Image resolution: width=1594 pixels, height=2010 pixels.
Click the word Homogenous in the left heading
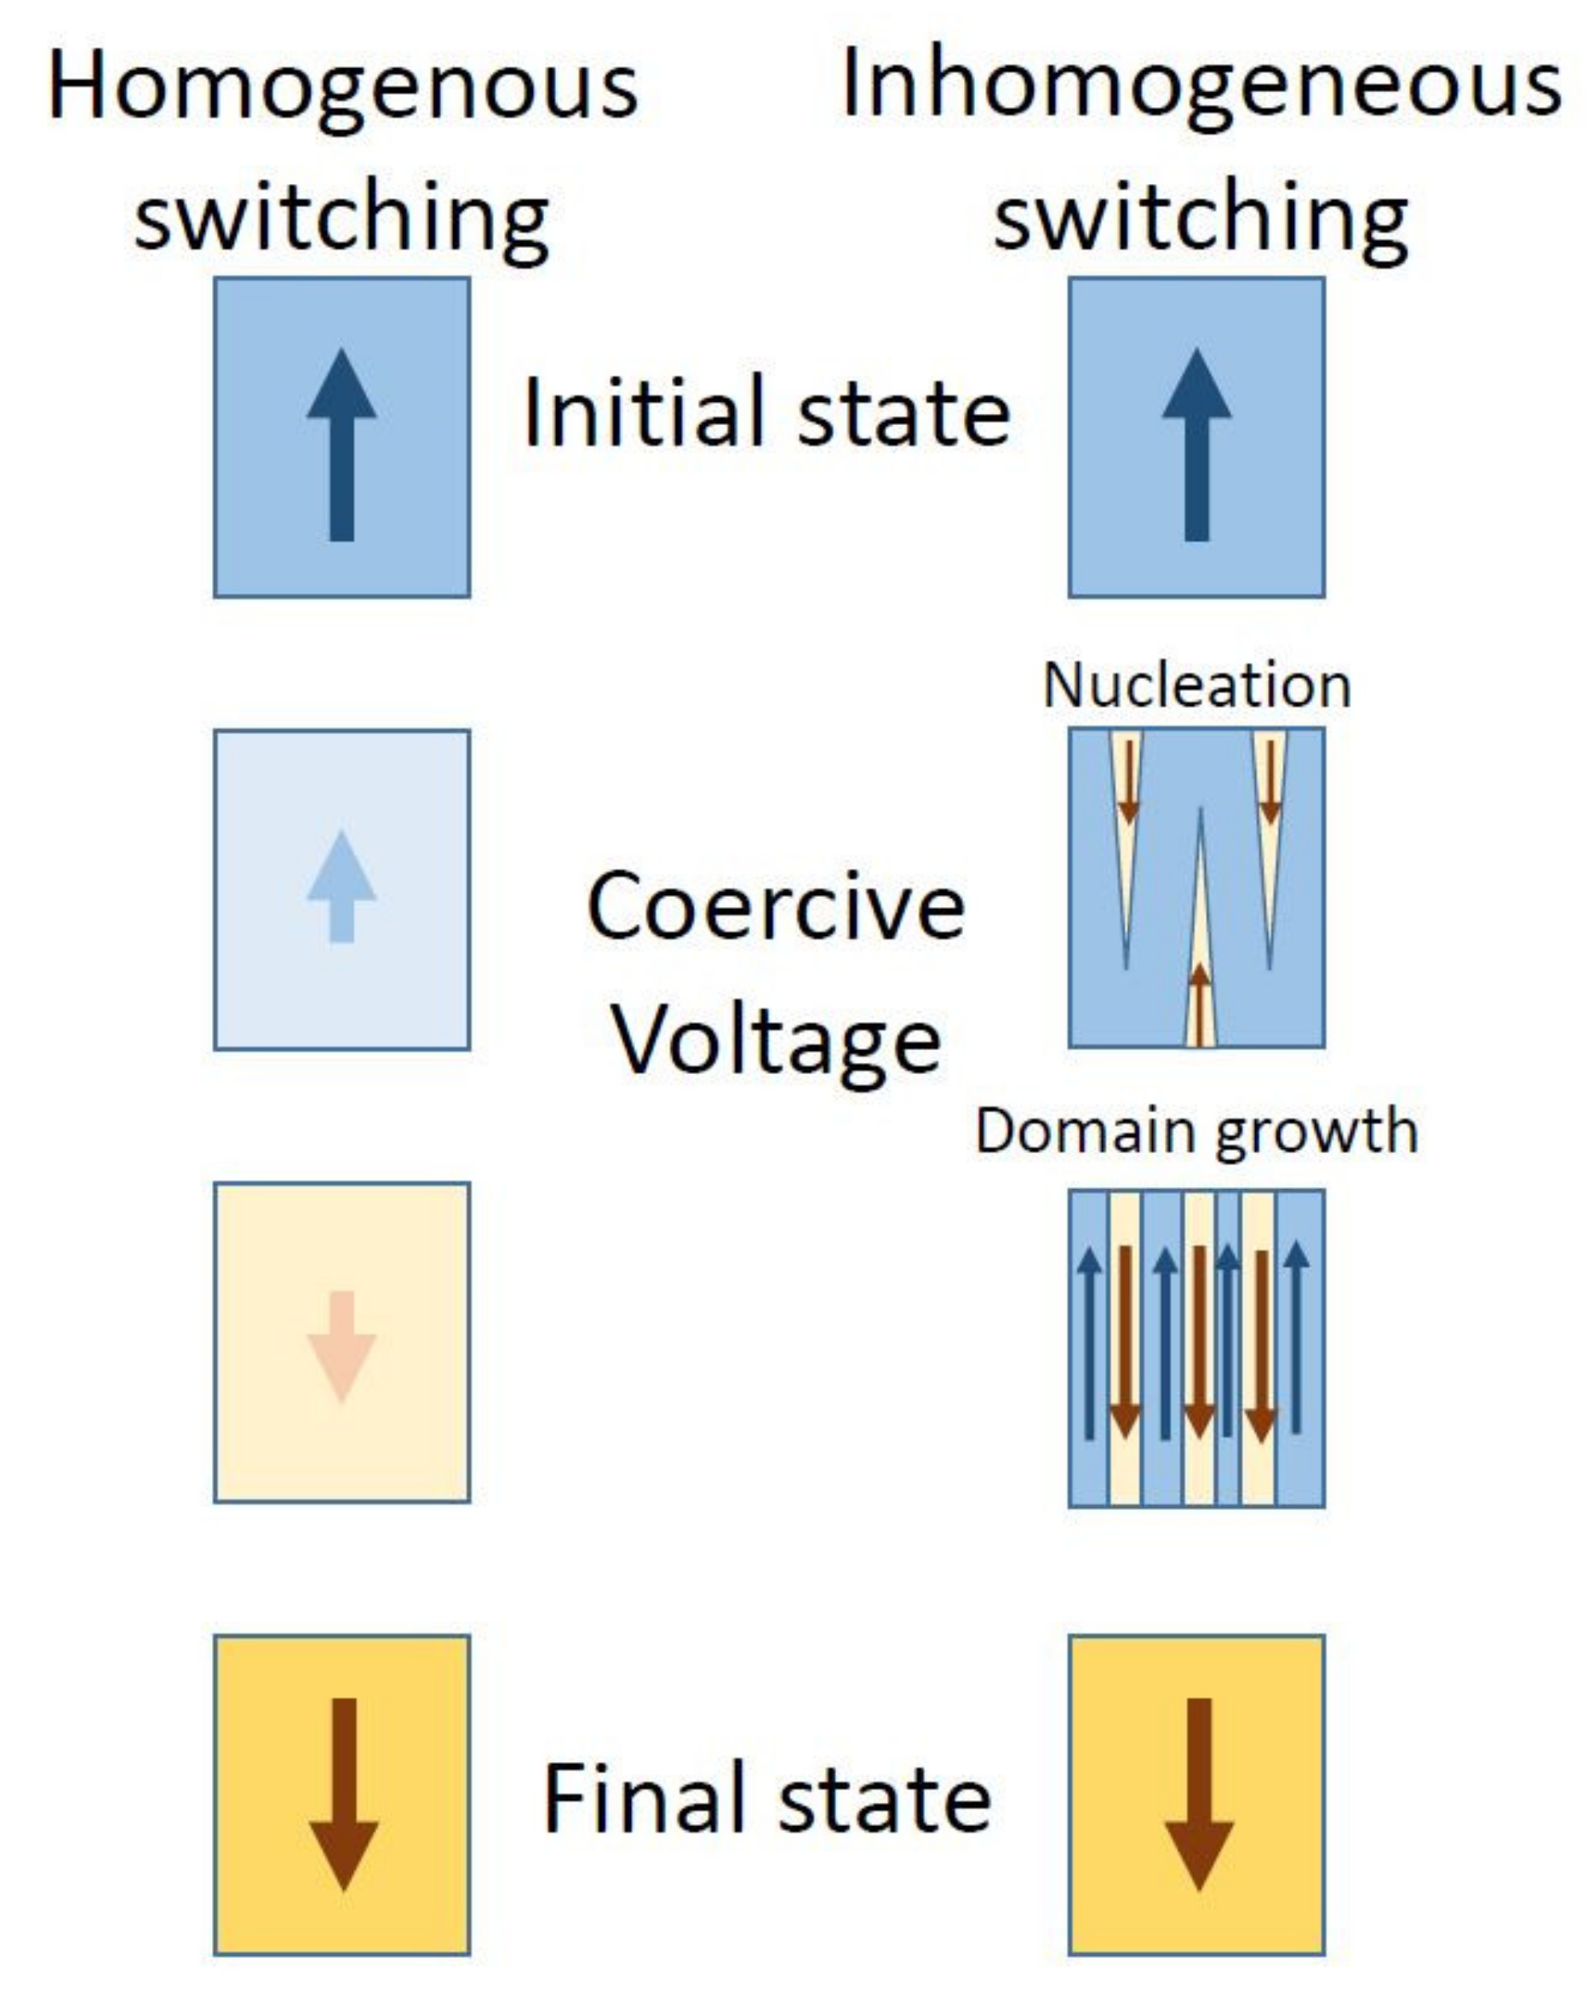coord(341,89)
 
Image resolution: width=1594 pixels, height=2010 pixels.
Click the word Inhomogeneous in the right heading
coord(1201,89)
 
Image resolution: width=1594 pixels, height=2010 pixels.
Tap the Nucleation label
coord(1196,686)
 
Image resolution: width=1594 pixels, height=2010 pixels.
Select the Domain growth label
coord(1196,1131)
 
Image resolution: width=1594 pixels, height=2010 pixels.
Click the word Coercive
coord(776,906)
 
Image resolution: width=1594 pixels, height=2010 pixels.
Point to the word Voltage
coord(776,1042)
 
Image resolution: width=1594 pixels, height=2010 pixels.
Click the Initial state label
coord(766,412)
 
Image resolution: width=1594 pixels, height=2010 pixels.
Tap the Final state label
coord(766,1799)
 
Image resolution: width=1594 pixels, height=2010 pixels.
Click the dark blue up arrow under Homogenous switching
coord(341,445)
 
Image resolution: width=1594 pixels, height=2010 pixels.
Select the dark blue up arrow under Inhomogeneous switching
coord(1196,445)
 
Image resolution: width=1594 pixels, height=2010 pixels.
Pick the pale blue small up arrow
coord(341,886)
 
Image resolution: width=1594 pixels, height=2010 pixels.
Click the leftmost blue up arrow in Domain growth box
coord(1089,1342)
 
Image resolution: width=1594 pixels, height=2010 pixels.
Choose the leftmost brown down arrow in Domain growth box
coord(1125,1342)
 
